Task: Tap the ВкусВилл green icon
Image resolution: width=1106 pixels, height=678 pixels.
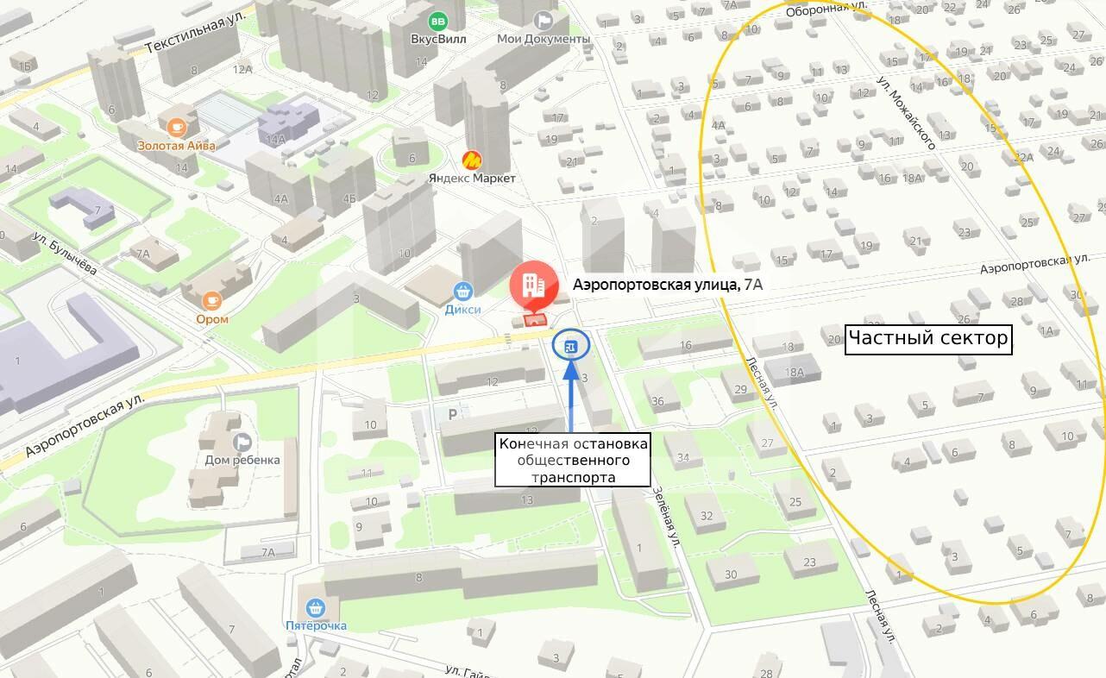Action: coord(438,21)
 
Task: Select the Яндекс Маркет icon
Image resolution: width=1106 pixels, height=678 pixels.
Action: coord(472,160)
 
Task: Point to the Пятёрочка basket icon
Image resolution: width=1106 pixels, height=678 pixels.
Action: coord(315,606)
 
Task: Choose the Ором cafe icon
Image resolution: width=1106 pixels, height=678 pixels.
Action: coord(212,301)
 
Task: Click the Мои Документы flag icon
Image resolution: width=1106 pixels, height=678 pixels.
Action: coord(544,20)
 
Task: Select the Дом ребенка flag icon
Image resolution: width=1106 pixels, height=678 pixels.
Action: coord(242,442)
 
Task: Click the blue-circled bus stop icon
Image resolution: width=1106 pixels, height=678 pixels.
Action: coord(569,347)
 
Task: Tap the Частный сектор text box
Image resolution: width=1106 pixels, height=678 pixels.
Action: coord(927,338)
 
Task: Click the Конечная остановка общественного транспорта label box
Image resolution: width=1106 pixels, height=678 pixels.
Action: coord(573,460)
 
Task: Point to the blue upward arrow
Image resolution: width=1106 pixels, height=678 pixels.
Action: coord(570,397)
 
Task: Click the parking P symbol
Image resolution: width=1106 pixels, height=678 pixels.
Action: coord(452,414)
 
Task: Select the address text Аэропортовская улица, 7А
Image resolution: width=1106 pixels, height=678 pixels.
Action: coord(668,283)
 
